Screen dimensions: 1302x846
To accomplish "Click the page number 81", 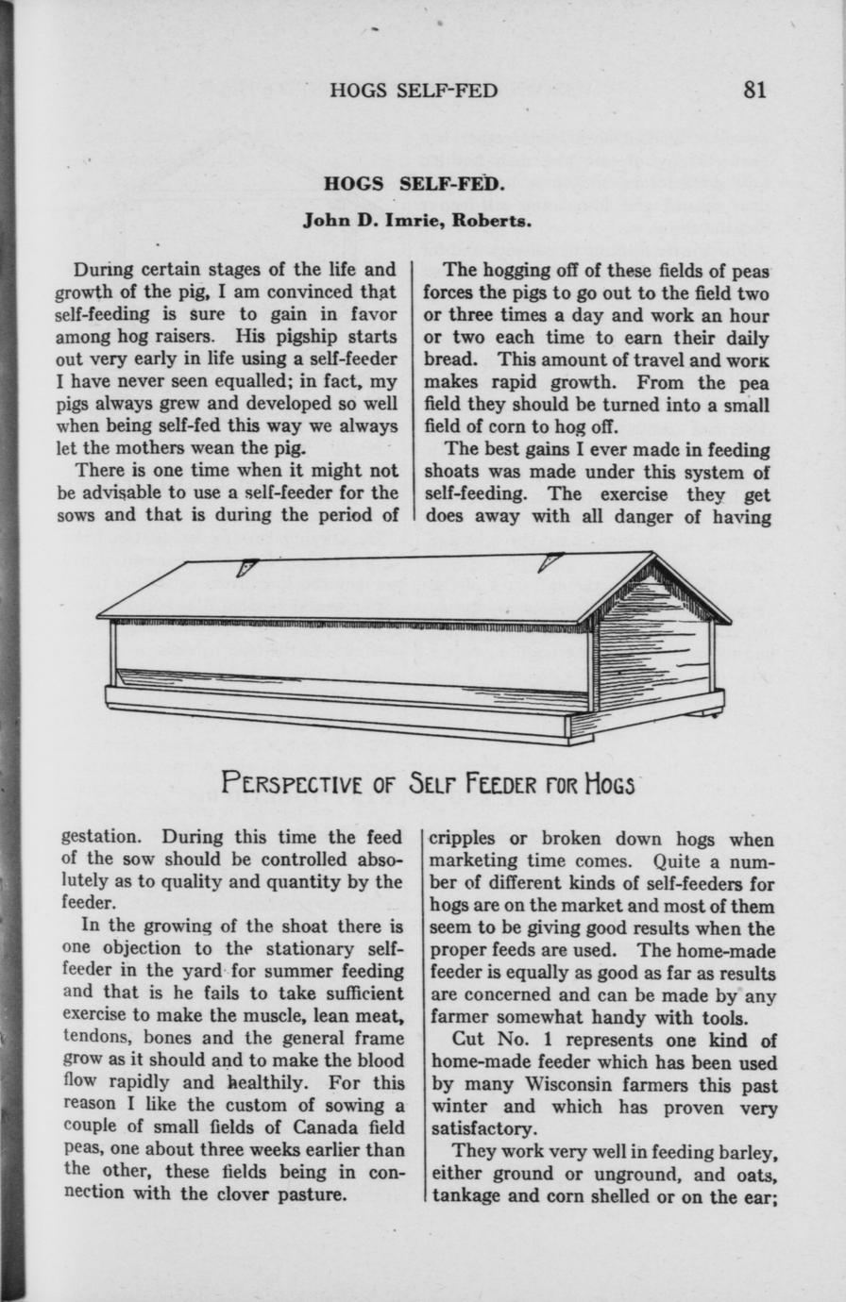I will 754,90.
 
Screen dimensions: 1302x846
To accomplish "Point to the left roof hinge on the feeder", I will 247,567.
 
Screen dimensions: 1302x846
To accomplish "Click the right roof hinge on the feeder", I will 550,560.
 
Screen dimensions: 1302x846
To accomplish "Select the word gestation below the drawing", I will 102,838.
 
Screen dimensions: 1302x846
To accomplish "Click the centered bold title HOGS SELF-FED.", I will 415,183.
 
